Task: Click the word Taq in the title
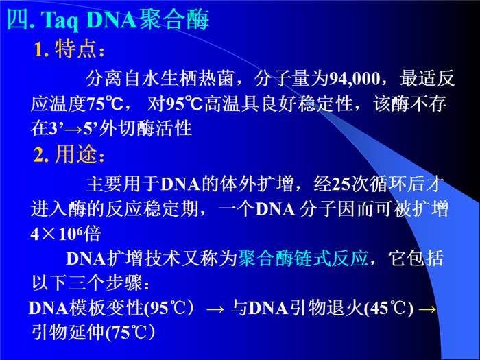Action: point(61,21)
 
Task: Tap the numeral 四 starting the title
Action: point(18,20)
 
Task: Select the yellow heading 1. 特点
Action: point(69,49)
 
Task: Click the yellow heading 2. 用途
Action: point(69,154)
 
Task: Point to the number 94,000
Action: point(355,78)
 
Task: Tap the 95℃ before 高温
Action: point(184,104)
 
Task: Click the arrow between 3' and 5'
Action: point(74,130)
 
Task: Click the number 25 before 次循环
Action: point(341,184)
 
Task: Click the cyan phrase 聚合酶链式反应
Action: point(303,259)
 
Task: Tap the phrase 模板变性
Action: point(106,308)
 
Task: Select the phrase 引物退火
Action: point(327,308)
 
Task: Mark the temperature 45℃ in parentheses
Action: point(389,309)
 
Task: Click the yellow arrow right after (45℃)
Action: point(427,309)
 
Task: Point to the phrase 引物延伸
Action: point(69,333)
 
